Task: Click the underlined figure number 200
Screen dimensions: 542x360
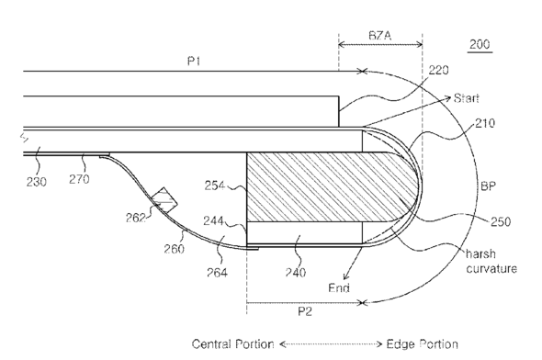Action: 480,44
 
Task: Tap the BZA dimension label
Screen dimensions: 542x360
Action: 380,35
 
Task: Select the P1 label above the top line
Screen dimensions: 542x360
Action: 194,62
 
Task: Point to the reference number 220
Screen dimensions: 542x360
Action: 438,70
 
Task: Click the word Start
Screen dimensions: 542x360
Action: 467,98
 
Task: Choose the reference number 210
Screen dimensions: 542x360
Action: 485,123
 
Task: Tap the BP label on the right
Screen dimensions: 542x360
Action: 488,186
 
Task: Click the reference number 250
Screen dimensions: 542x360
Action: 501,221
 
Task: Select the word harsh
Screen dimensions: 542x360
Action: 480,254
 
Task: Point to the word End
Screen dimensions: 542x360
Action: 339,287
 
